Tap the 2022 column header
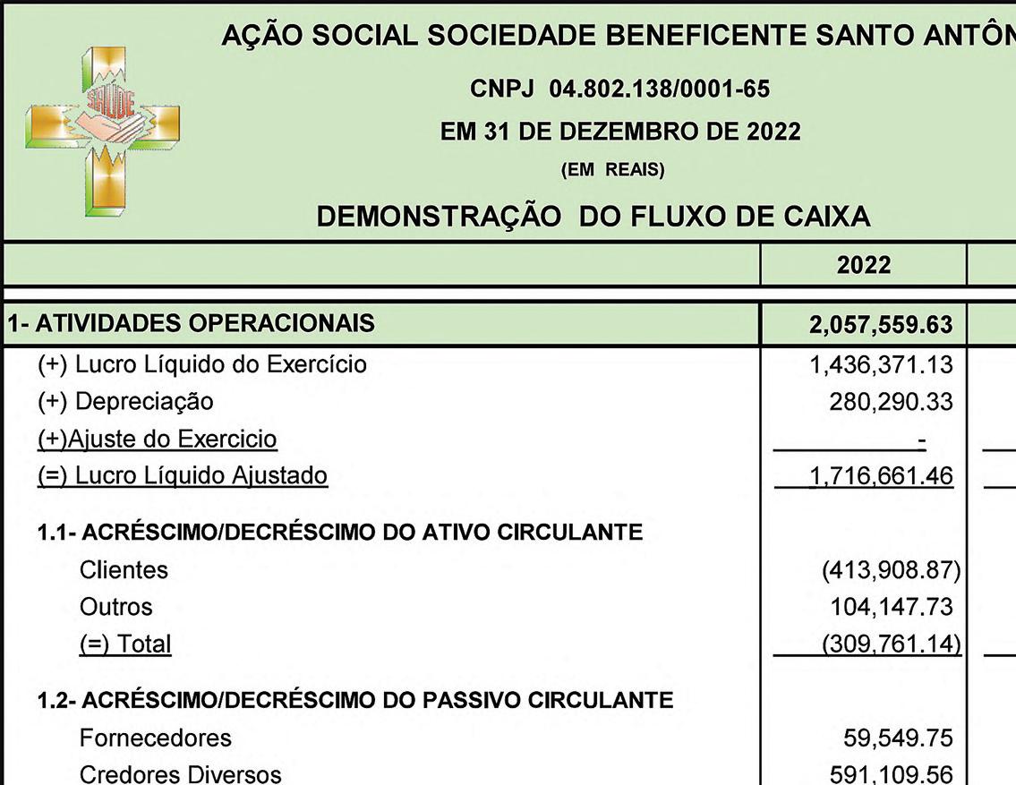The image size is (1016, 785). tap(864, 265)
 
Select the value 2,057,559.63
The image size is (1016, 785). tap(880, 324)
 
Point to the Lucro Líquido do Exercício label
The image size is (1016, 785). tap(202, 364)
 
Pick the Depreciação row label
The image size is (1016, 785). tap(125, 401)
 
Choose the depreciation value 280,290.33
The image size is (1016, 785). tap(891, 401)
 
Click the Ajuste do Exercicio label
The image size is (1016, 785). tap(158, 439)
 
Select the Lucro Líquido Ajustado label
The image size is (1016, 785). tap(183, 475)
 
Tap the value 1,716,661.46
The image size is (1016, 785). tap(881, 475)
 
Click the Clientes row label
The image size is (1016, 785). tap(124, 569)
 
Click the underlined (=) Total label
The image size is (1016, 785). tap(125, 644)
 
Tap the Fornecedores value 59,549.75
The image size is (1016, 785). tap(897, 738)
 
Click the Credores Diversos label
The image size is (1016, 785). tap(181, 774)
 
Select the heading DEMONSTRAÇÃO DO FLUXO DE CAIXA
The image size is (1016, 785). tap(593, 216)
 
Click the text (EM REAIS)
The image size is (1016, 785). tap(612, 170)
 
